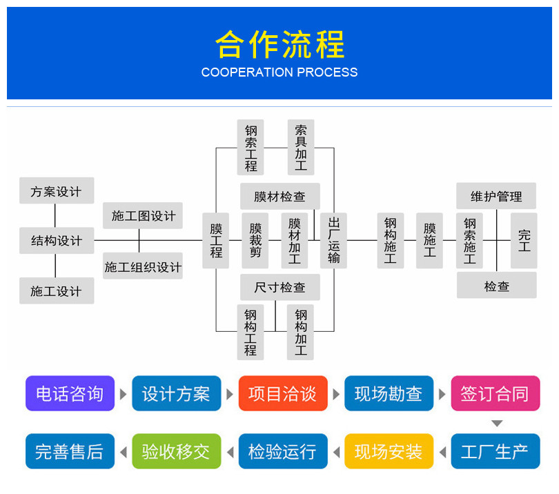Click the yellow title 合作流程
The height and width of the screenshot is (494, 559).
[280, 44]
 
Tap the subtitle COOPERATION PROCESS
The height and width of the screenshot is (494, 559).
[279, 72]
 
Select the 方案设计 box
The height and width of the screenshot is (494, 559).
[57, 190]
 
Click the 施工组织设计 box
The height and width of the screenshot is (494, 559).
[143, 266]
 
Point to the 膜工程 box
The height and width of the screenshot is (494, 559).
[216, 241]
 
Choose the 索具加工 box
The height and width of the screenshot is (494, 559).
[301, 147]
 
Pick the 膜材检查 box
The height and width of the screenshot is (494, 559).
[280, 197]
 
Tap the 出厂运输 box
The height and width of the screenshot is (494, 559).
[333, 241]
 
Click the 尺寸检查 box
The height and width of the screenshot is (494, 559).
[280, 287]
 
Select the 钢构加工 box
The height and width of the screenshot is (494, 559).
[300, 332]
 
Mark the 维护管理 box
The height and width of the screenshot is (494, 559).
[496, 196]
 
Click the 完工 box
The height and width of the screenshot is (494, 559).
[524, 241]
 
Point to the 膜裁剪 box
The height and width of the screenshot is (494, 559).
[255, 241]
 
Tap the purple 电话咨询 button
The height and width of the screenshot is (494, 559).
[70, 393]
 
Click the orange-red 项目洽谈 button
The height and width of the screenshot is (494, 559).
[283, 393]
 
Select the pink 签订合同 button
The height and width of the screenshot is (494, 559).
[496, 393]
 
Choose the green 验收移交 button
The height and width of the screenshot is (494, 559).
[177, 451]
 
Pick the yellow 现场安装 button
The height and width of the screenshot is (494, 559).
[389, 451]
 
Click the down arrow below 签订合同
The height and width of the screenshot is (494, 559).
[497, 424]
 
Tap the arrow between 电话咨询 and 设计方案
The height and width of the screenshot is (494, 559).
[124, 394]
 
